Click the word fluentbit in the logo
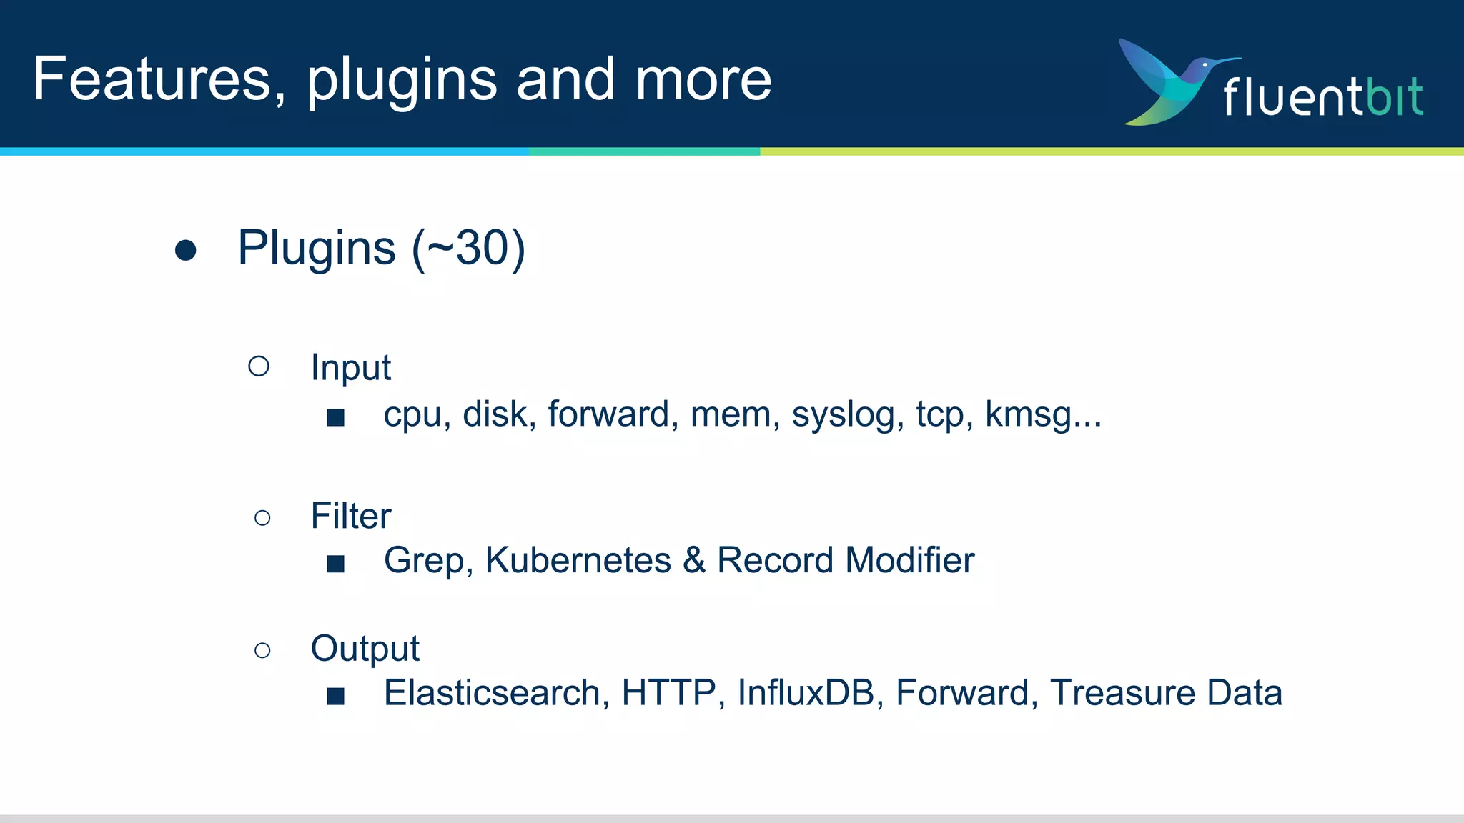[x=1322, y=97]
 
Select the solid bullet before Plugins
[x=186, y=250]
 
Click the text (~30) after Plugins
[x=468, y=249]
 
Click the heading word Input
[x=350, y=368]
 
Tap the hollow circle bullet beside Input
[x=259, y=366]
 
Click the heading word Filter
[x=350, y=516]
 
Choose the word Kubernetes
[x=578, y=560]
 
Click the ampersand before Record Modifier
[x=694, y=560]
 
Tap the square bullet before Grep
[x=335, y=564]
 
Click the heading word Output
[x=365, y=649]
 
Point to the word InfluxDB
[x=806, y=693]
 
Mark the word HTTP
[x=668, y=693]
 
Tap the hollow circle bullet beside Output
[x=262, y=650]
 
